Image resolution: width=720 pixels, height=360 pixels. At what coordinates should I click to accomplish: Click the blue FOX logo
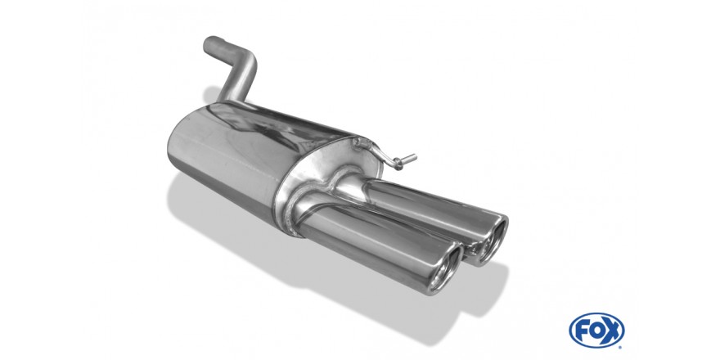[x=596, y=331]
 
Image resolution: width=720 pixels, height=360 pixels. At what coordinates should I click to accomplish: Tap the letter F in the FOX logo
[x=583, y=331]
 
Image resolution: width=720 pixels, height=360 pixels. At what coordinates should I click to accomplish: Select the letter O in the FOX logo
[x=596, y=331]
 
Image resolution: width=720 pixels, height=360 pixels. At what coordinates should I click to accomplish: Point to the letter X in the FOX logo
[x=612, y=331]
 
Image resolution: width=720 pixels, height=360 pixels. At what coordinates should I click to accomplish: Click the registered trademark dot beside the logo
[x=620, y=347]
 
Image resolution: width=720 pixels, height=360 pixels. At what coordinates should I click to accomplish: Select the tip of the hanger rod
[x=415, y=156]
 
